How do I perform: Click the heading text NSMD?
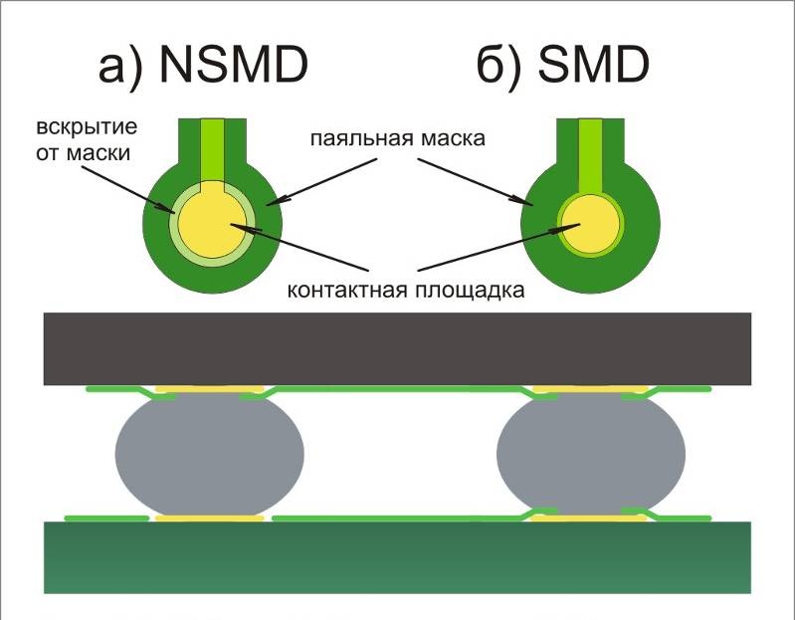(234, 65)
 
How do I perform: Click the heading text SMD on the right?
(593, 65)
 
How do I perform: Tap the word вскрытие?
(87, 126)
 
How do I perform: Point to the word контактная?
(347, 291)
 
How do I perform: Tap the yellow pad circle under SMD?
(591, 224)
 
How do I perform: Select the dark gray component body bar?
(397, 348)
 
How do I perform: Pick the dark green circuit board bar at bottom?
(397, 557)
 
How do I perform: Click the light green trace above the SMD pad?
(591, 157)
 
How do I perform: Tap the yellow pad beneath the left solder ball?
(209, 518)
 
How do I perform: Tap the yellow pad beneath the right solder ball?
(588, 518)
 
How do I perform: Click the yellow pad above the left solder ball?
(209, 389)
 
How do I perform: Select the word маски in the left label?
(99, 153)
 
